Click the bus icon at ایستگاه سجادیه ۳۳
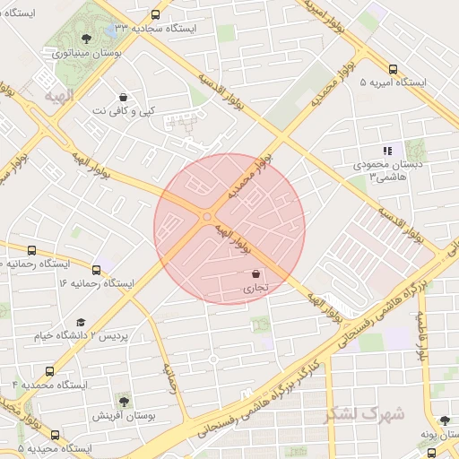pos(156,15)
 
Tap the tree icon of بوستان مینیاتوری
pos(86,39)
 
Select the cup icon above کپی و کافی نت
pos(123,97)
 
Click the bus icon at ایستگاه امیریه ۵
pos(394,69)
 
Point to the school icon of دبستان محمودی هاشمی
pos(387,151)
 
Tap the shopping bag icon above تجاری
pos(255,274)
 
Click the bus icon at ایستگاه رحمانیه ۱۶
pos(96,270)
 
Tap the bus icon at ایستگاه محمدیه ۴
pos(48,370)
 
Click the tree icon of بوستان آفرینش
pos(123,402)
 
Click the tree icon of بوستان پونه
pos(445,420)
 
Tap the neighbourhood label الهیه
pos(59,92)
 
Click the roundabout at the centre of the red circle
pos(208,217)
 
